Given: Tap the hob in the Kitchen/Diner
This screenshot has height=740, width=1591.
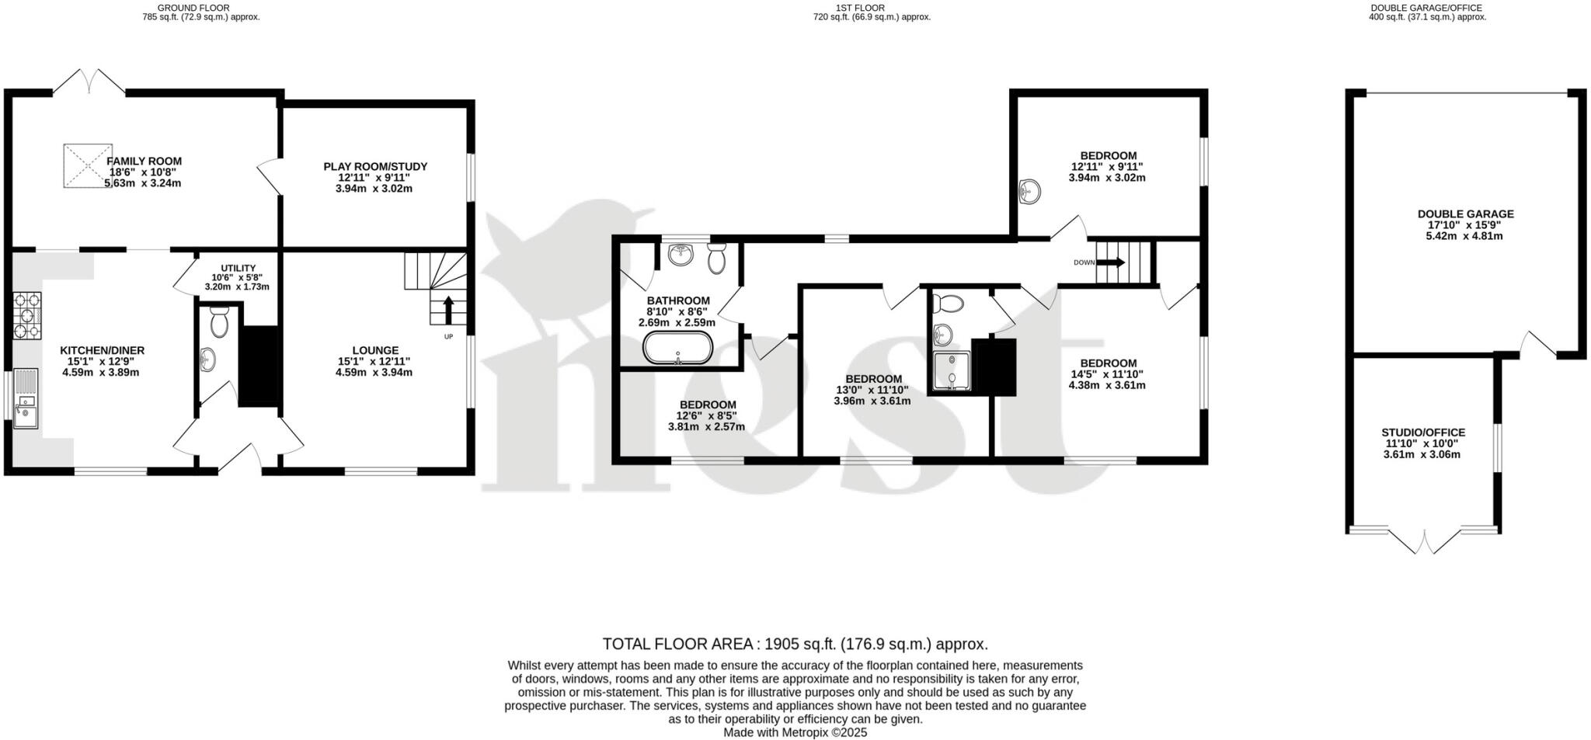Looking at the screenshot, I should pos(27,315).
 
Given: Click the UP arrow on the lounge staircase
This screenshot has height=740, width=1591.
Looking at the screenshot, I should pos(448,309).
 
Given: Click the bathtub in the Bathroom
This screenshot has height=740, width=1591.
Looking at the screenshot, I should pos(677,348).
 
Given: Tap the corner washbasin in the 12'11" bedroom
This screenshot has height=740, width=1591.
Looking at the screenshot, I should pos(1029,190).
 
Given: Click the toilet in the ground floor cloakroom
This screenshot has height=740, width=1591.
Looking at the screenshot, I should pos(219,321).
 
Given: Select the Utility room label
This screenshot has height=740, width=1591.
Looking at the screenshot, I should pos(237,268).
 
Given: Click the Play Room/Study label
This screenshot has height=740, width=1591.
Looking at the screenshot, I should pos(375,166).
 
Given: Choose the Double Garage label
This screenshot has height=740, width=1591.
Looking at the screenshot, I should pos(1465,214).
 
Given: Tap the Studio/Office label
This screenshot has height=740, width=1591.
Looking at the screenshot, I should pos(1422,433).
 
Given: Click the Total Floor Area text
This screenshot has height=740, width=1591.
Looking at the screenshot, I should pos(795,644).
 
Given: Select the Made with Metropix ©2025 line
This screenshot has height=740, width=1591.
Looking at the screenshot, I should pos(795,732).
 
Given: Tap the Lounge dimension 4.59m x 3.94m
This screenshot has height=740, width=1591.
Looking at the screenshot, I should pos(374,372).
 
